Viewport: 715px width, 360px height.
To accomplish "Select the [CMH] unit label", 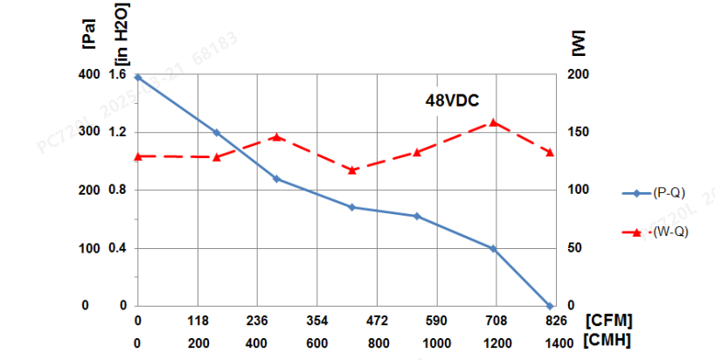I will (609, 340).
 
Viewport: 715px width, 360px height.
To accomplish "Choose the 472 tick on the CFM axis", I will (377, 321).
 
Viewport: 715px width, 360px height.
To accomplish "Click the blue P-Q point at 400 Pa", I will (138, 77).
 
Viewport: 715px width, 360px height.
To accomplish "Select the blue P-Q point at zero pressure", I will (550, 306).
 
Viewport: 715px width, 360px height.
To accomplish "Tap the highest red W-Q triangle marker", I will (493, 122).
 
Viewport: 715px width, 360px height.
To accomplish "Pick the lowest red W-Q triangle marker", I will (352, 170).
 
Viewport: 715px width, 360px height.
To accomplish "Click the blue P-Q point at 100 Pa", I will (493, 249).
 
